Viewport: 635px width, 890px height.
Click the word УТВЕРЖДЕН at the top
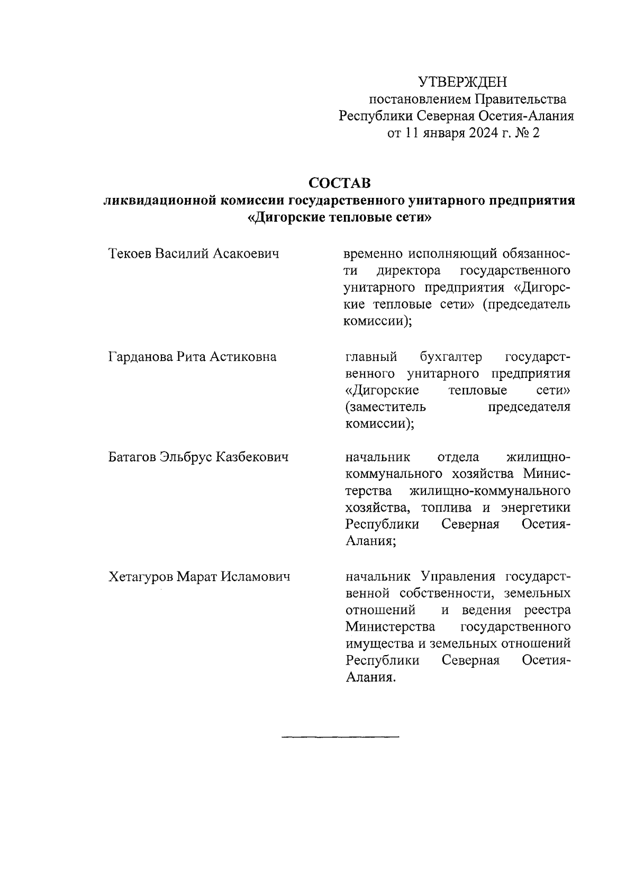click(462, 82)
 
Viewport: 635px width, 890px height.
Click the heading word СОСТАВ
click(340, 184)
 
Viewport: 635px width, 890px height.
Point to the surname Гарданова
click(139, 357)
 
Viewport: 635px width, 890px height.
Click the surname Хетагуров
click(140, 576)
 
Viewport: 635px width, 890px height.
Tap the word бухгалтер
click(451, 357)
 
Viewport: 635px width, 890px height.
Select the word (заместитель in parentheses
click(384, 407)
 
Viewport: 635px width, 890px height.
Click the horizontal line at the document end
click(340, 737)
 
